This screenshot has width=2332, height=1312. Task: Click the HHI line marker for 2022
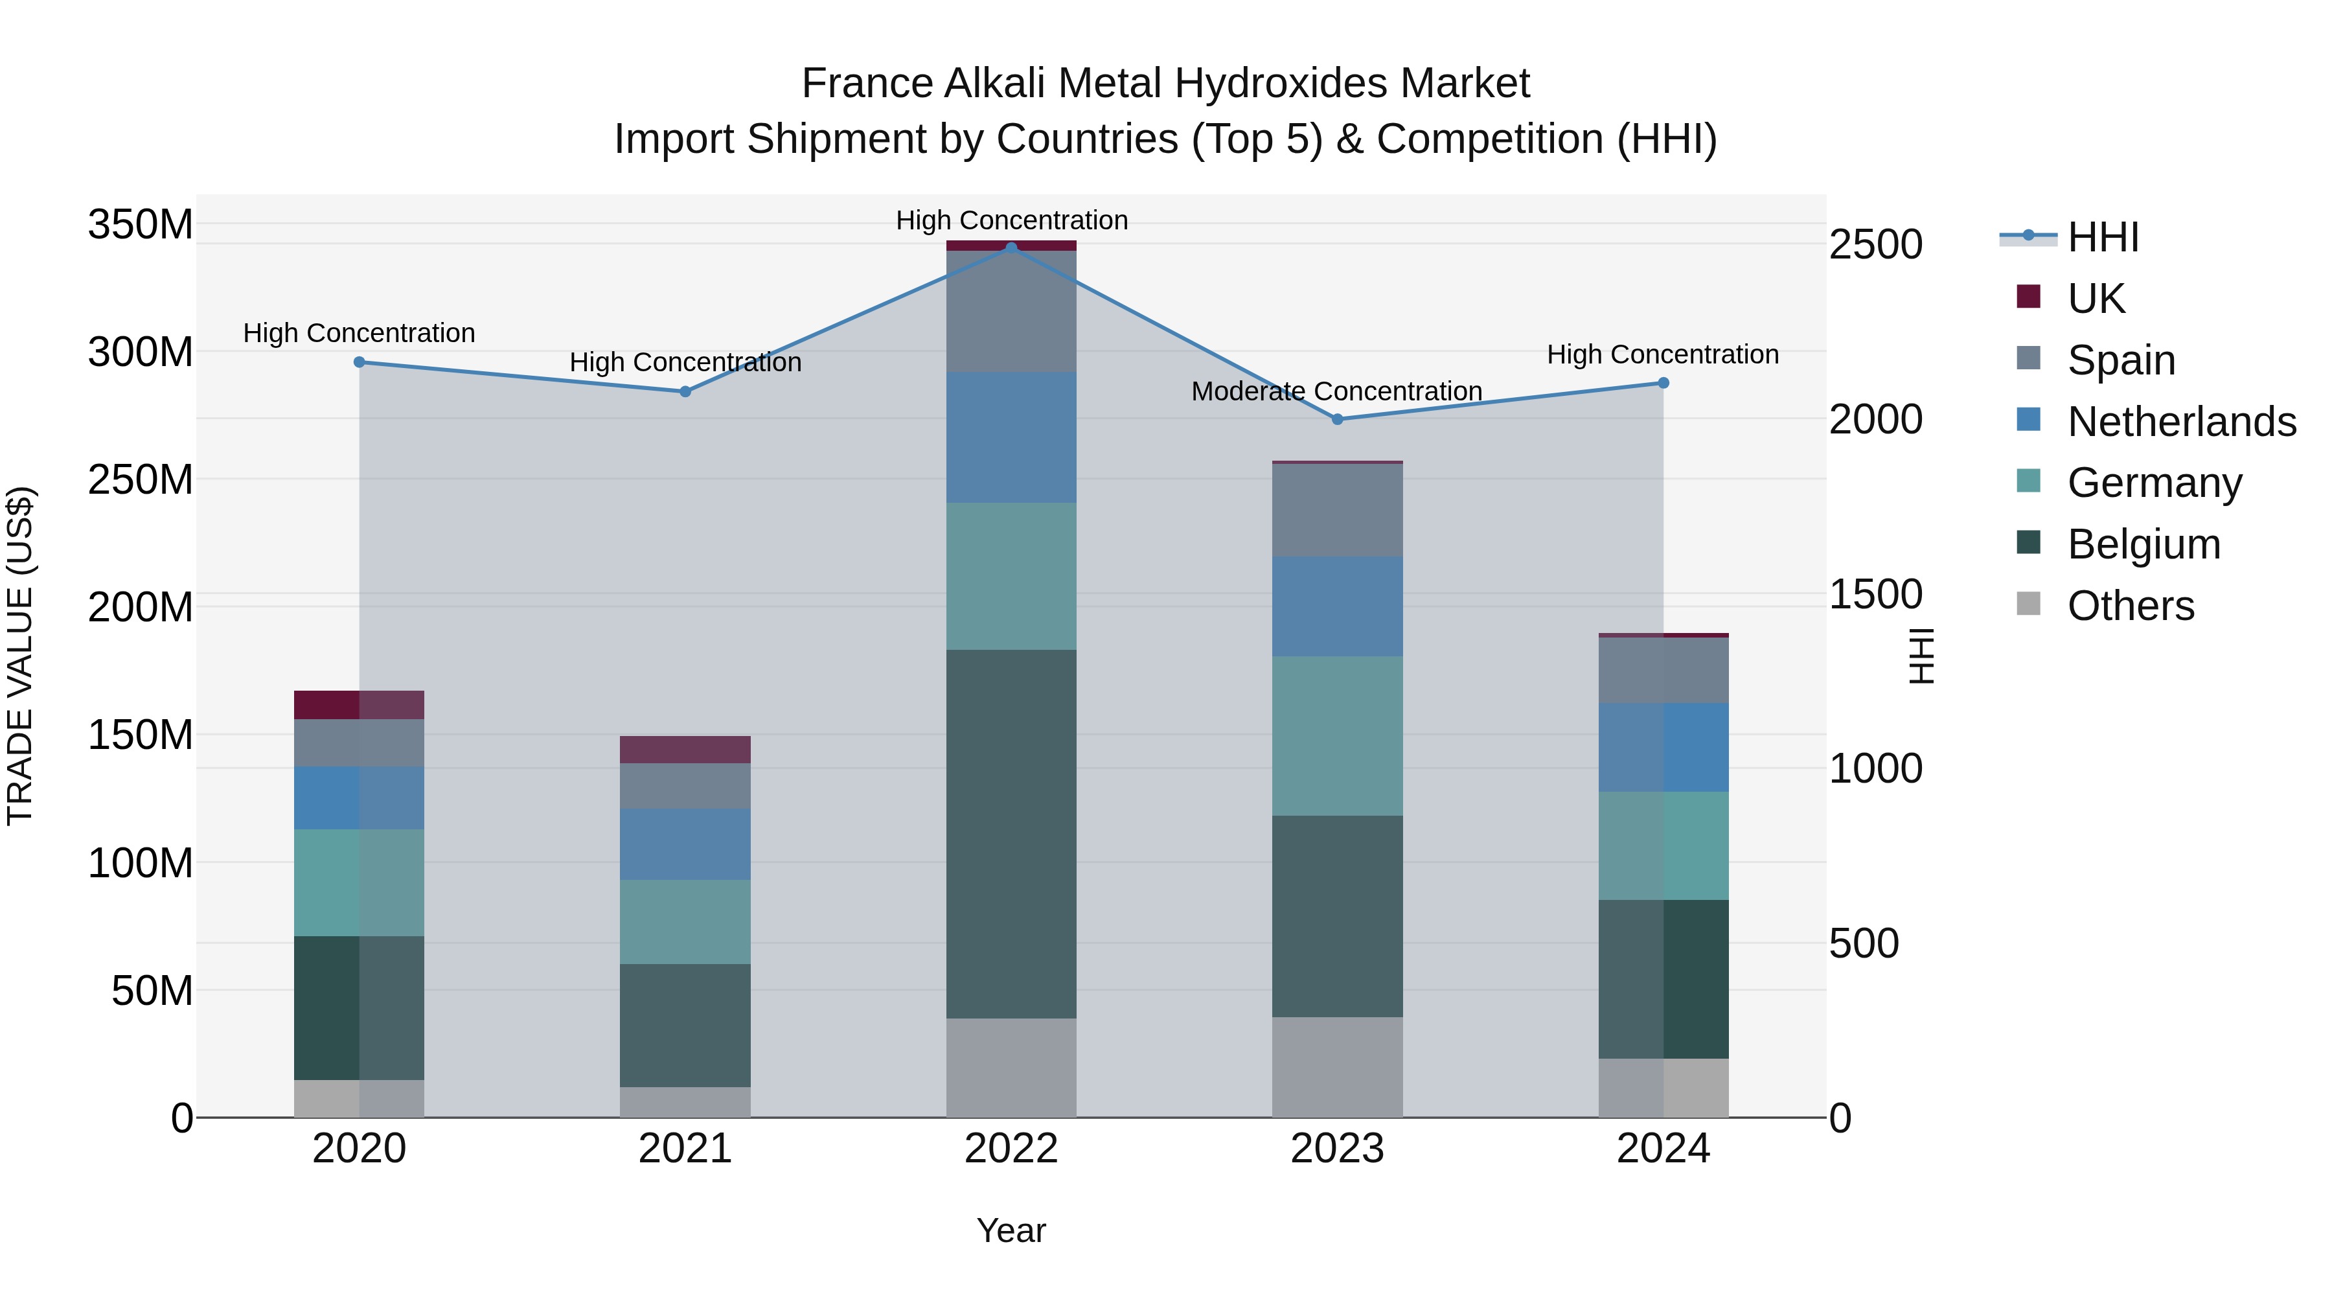(1011, 247)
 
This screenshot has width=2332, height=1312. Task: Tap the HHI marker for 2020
(360, 362)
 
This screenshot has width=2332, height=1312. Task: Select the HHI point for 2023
(1337, 419)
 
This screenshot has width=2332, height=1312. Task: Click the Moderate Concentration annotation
(1336, 391)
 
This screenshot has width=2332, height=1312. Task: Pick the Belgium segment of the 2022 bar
(1011, 833)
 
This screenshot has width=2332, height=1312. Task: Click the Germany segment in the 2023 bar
(1337, 735)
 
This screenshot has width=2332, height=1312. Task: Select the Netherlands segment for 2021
(685, 844)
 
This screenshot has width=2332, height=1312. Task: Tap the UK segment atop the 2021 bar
(685, 750)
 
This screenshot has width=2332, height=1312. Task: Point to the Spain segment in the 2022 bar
(1011, 310)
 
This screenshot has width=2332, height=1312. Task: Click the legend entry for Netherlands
(2182, 422)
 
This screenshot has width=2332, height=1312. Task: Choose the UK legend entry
(2096, 299)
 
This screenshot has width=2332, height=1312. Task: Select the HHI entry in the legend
(2103, 237)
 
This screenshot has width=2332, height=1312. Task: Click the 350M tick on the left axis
(141, 224)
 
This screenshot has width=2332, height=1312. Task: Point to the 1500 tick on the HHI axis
(1876, 594)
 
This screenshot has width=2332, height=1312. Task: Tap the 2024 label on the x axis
(1663, 1149)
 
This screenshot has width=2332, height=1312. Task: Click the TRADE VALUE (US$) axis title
(20, 656)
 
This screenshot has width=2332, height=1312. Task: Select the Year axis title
(1011, 1230)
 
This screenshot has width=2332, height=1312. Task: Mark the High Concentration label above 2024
(1662, 354)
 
